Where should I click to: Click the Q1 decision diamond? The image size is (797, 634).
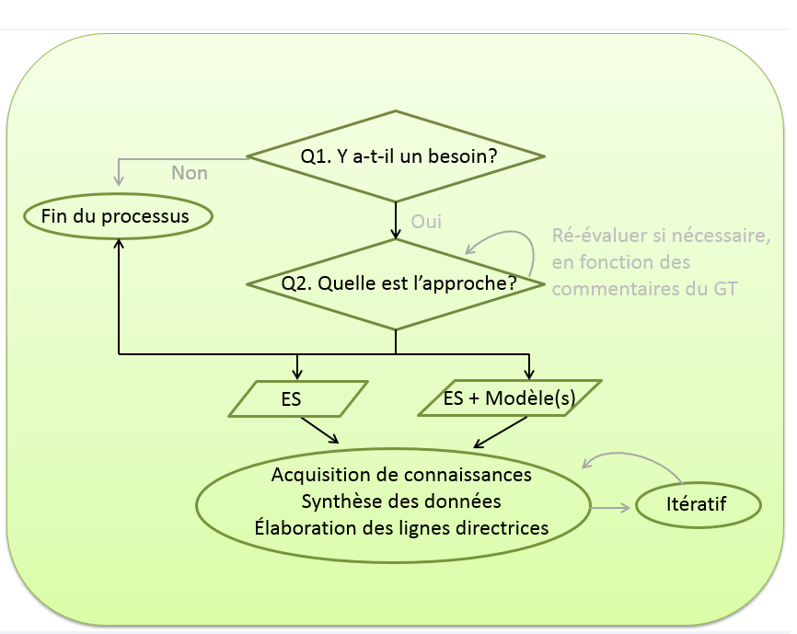point(396,156)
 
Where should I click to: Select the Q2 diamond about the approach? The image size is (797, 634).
point(396,284)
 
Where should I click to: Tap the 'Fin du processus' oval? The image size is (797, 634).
point(116,217)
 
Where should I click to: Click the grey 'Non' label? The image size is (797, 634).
point(190,173)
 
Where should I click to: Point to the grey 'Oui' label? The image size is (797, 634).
point(426,222)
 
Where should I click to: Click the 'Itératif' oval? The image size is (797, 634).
point(698,504)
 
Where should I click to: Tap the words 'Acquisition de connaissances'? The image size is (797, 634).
point(401,475)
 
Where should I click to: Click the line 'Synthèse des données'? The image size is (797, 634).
point(401,501)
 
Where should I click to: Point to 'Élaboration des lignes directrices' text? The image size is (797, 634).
point(401,528)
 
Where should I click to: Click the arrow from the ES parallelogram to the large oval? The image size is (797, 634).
point(319,431)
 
